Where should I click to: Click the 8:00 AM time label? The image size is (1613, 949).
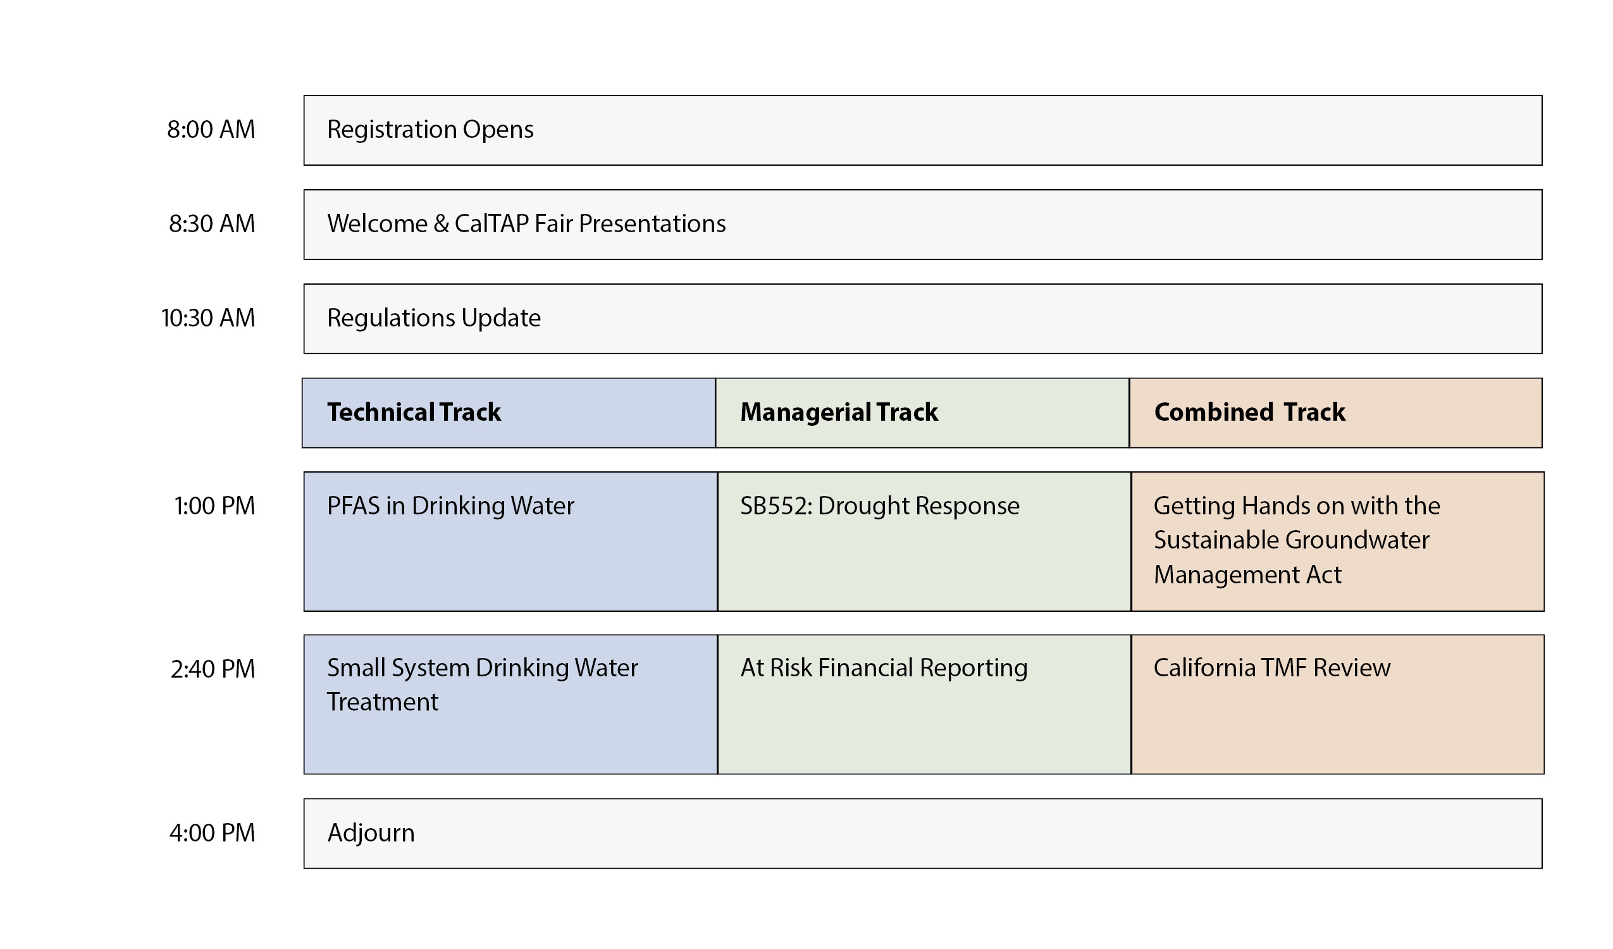(x=211, y=129)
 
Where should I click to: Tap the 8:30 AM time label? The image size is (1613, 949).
(x=212, y=223)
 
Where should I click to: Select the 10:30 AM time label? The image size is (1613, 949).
(x=208, y=318)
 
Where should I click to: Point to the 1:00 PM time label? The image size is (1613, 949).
(x=214, y=506)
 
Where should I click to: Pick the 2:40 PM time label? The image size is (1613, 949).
(x=213, y=669)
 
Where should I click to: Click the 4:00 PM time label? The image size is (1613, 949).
(x=212, y=833)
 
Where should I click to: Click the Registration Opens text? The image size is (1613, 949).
(x=430, y=130)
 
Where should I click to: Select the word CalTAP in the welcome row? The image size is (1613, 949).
(x=491, y=223)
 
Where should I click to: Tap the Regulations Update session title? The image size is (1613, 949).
(x=434, y=318)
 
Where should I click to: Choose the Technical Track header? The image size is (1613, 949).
(x=414, y=412)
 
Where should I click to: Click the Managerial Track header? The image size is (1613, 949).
(x=839, y=412)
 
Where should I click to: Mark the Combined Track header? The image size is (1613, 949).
(x=1249, y=412)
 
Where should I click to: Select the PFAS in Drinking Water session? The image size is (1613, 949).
(x=450, y=506)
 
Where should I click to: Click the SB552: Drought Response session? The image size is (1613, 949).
(x=880, y=507)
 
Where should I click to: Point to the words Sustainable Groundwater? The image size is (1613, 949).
(x=1291, y=540)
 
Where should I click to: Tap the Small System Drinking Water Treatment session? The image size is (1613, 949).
(x=483, y=685)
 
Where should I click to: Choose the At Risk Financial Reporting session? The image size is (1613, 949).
(x=884, y=669)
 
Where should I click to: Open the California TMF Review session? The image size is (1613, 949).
(x=1272, y=668)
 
